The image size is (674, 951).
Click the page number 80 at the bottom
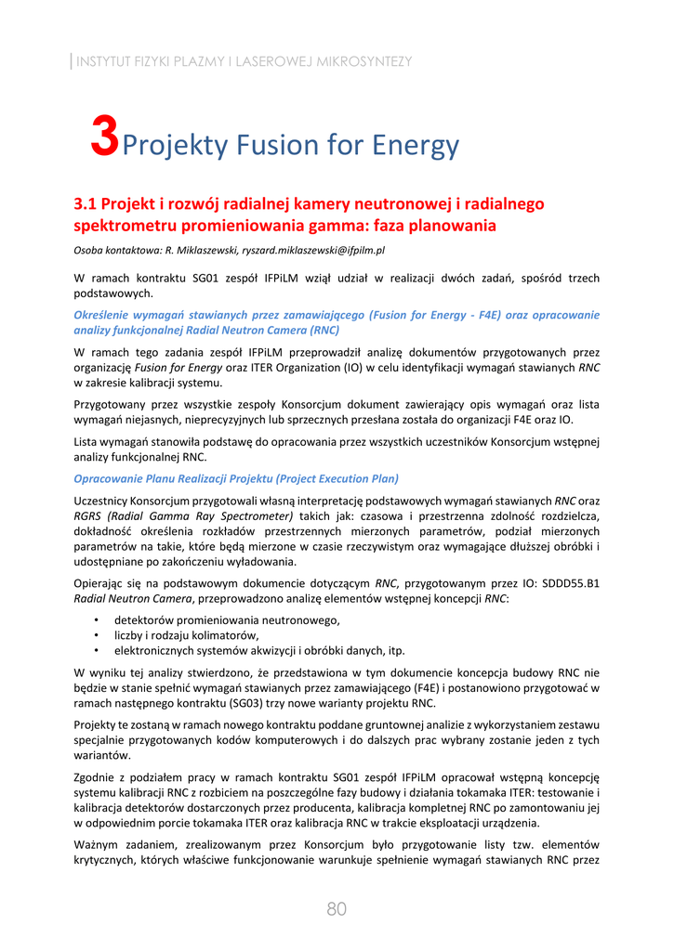tap(337, 909)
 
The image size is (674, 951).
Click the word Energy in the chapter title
tap(416, 146)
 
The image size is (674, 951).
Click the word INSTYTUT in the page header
tap(104, 62)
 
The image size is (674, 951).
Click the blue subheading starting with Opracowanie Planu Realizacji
tap(236, 478)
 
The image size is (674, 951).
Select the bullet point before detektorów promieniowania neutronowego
tap(97, 619)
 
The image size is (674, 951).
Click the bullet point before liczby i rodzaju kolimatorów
tap(97, 635)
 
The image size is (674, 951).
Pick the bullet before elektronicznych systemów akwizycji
tap(97, 650)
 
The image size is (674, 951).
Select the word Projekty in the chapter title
tap(175, 146)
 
